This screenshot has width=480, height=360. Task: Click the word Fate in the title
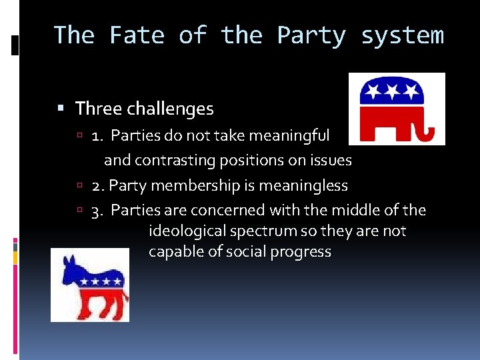click(x=138, y=35)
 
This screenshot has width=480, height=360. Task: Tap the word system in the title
click(x=402, y=35)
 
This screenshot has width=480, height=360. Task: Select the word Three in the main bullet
click(x=98, y=108)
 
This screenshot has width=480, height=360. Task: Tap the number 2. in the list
click(x=98, y=185)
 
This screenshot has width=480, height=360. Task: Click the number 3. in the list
click(x=98, y=211)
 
